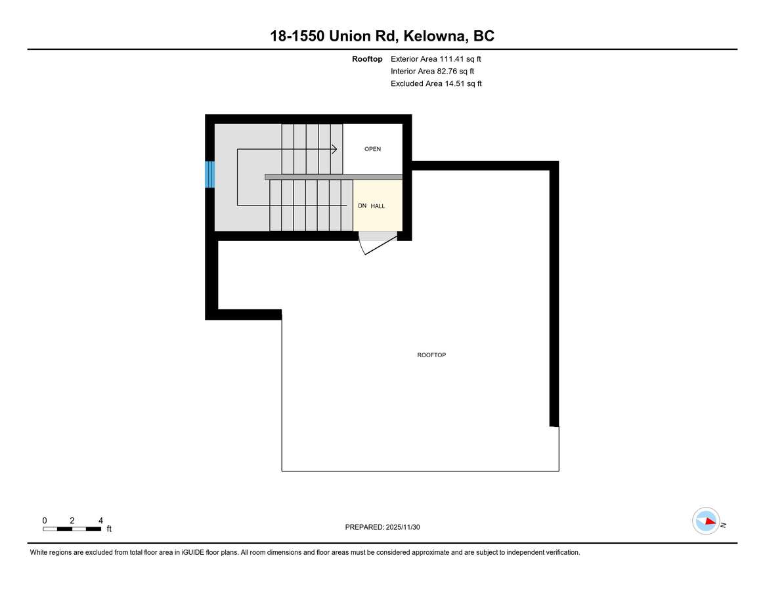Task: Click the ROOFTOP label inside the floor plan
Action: pyautogui.click(x=431, y=355)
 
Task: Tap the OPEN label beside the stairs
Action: pyautogui.click(x=372, y=149)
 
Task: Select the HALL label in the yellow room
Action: pyautogui.click(x=378, y=206)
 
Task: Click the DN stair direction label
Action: pyautogui.click(x=362, y=206)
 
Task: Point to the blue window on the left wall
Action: pyautogui.click(x=210, y=175)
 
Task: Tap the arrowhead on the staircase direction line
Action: pyautogui.click(x=334, y=150)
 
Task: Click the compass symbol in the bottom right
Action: pyautogui.click(x=706, y=521)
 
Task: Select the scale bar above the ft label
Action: pyautogui.click(x=72, y=529)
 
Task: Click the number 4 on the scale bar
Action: pyautogui.click(x=100, y=520)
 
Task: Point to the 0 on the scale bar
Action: pyautogui.click(x=45, y=520)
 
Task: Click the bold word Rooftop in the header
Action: pyautogui.click(x=367, y=59)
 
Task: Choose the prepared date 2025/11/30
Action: pyautogui.click(x=407, y=527)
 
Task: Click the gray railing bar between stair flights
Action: pyautogui.click(x=333, y=177)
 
